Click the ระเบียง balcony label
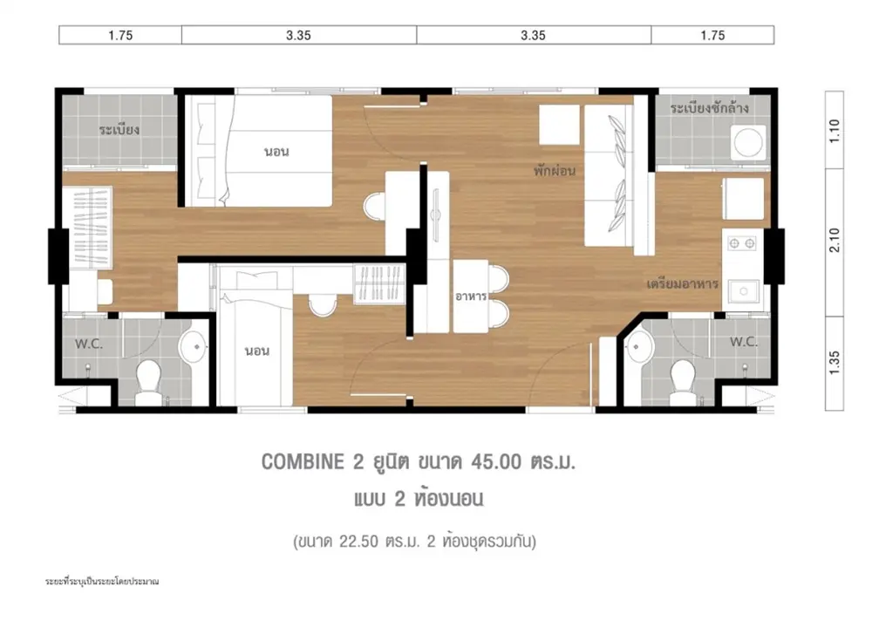(x=119, y=130)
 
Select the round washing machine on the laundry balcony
(x=748, y=143)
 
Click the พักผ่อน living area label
(x=555, y=170)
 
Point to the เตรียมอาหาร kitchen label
(x=683, y=283)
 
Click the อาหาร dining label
(x=471, y=296)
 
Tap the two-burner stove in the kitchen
(x=742, y=243)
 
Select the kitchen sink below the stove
(x=742, y=291)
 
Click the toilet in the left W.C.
(x=148, y=382)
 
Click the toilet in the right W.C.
(x=683, y=382)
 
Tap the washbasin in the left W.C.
(x=193, y=347)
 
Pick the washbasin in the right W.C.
(x=639, y=347)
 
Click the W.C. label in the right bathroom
(x=743, y=342)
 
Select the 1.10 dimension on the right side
(x=835, y=131)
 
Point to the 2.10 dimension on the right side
(x=835, y=241)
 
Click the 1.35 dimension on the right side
(x=835, y=363)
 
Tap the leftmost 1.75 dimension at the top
(x=120, y=35)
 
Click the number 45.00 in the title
(x=496, y=462)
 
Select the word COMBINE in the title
(x=303, y=462)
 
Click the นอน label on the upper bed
(x=276, y=152)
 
